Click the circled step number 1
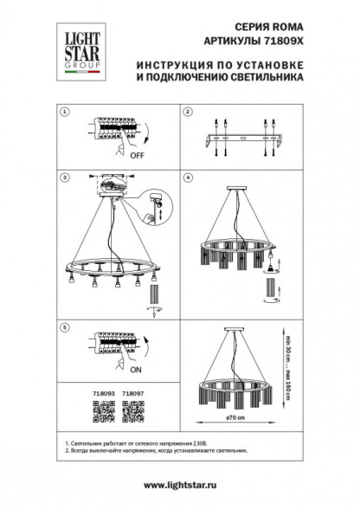(x=64, y=113)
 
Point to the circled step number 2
(x=187, y=113)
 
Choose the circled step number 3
(x=64, y=177)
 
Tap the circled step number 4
(x=187, y=177)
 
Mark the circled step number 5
(x=64, y=328)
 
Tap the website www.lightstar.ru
(x=180, y=486)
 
